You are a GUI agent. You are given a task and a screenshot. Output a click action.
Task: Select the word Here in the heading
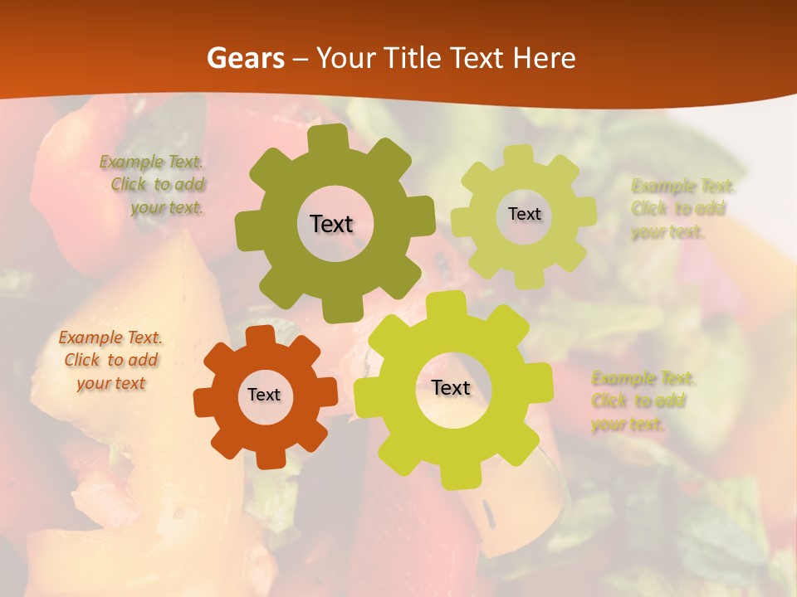coord(544,58)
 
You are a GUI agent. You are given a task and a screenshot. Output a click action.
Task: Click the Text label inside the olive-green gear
coord(332,224)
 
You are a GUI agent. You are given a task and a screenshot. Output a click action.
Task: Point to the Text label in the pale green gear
coord(524,214)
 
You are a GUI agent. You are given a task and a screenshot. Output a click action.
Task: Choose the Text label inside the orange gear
coord(264,395)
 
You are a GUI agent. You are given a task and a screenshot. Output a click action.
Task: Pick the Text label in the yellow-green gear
coord(451,387)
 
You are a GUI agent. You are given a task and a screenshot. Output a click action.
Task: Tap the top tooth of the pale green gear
coord(519,154)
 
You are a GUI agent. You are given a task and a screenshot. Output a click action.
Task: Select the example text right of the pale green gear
coord(682,209)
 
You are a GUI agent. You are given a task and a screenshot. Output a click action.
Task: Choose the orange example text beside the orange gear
coord(110,361)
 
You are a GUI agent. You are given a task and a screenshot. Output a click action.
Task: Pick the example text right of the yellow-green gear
coord(643,401)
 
